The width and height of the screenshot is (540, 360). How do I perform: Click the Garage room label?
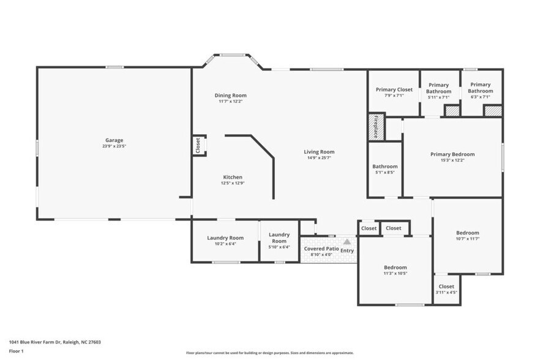pyautogui.click(x=114, y=140)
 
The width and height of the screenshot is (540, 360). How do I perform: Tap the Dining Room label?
pyautogui.click(x=230, y=96)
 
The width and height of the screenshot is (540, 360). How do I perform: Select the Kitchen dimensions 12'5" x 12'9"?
pyautogui.click(x=232, y=183)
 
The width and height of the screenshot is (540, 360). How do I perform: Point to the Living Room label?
pyautogui.click(x=319, y=152)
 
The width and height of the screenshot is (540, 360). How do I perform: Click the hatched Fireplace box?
pyautogui.click(x=376, y=127)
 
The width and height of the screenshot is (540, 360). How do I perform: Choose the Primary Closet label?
pyautogui.click(x=394, y=90)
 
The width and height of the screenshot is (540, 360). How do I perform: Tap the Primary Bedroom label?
pyautogui.click(x=452, y=154)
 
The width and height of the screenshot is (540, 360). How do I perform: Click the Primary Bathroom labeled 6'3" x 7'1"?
pyautogui.click(x=481, y=88)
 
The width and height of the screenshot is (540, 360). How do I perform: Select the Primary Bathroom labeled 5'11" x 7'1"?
pyautogui.click(x=438, y=89)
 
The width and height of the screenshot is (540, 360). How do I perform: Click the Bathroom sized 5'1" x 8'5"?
pyautogui.click(x=384, y=167)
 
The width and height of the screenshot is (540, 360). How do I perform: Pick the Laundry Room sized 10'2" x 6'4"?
pyautogui.click(x=225, y=238)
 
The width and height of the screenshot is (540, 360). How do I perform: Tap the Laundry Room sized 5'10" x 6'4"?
pyautogui.click(x=279, y=238)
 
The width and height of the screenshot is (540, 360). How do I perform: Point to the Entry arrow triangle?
pyautogui.click(x=347, y=242)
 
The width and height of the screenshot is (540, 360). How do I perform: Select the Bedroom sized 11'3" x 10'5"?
pyautogui.click(x=395, y=268)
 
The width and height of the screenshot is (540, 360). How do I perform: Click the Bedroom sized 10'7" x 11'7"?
pyautogui.click(x=468, y=233)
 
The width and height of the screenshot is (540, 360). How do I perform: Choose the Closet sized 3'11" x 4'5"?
pyautogui.click(x=446, y=287)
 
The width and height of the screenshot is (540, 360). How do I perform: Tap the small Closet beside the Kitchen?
pyautogui.click(x=198, y=146)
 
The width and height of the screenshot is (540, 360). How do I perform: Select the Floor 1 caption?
pyautogui.click(x=16, y=351)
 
